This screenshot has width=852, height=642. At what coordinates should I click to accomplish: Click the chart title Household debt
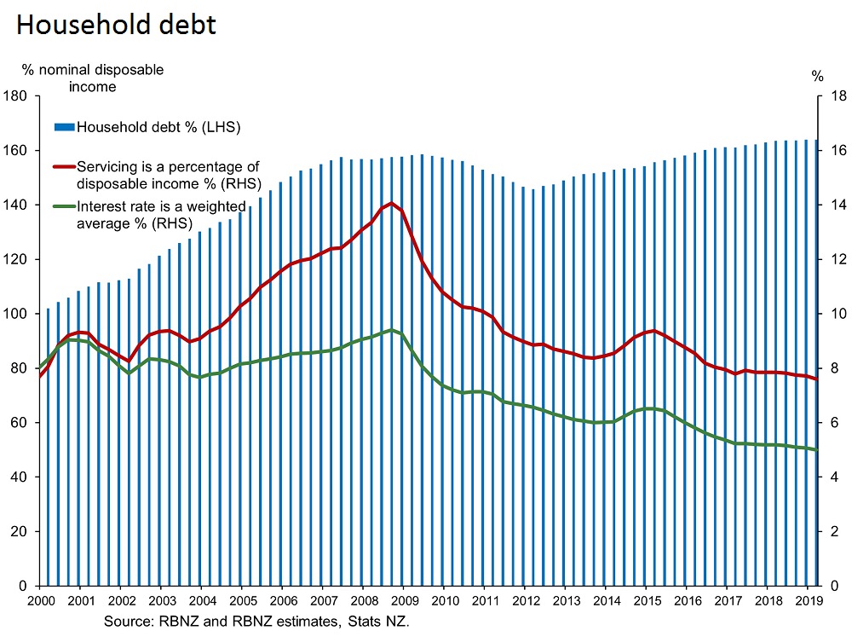(x=116, y=25)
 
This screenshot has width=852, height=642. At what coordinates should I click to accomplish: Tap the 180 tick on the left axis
(x=17, y=96)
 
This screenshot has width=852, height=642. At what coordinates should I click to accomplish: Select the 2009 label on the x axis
(x=404, y=600)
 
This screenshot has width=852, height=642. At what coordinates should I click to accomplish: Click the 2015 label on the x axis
(x=647, y=600)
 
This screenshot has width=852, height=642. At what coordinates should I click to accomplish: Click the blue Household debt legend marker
(x=65, y=128)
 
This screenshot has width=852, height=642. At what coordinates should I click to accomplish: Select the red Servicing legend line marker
(x=65, y=167)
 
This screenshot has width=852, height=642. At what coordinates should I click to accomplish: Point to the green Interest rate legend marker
(x=65, y=205)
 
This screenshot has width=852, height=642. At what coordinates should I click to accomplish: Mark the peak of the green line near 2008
(x=391, y=330)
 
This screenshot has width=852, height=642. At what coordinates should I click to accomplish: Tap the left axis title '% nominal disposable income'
(x=93, y=78)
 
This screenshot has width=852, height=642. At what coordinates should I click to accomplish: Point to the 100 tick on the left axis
(x=17, y=314)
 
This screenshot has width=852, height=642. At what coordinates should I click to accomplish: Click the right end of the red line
(x=817, y=379)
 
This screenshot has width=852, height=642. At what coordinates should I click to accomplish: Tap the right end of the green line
(x=817, y=450)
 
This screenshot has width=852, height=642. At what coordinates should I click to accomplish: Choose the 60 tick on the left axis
(x=20, y=423)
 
